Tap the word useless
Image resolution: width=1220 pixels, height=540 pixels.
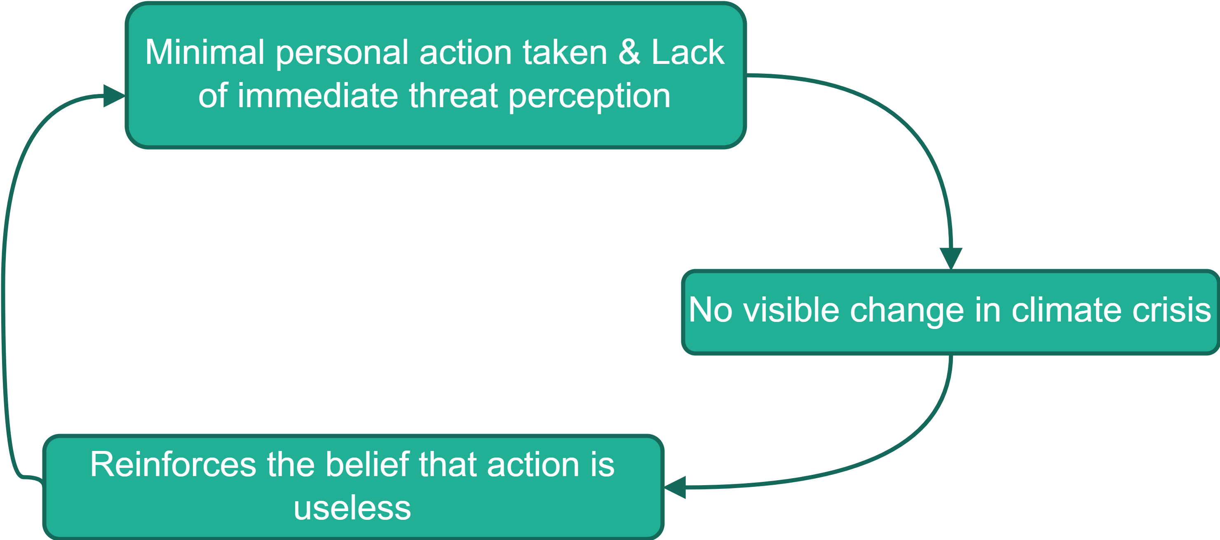[x=352, y=508]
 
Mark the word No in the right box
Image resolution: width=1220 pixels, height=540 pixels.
[x=711, y=310]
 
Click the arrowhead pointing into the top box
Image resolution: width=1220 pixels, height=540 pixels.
[x=114, y=96]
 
